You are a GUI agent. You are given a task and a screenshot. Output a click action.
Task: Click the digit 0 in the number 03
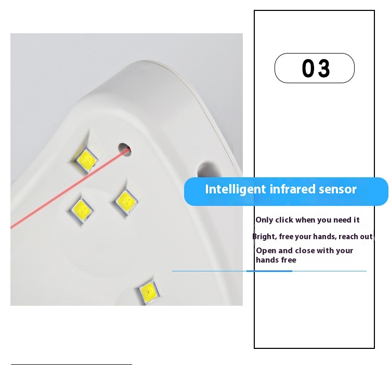[x=308, y=68]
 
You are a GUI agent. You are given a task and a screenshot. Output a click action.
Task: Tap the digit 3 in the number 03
[x=324, y=68]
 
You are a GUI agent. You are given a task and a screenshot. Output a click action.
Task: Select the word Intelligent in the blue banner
[x=235, y=189]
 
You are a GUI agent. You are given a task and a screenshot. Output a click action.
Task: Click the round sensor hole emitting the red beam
[x=125, y=150]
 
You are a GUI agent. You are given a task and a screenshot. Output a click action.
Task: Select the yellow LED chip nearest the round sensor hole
[x=86, y=160]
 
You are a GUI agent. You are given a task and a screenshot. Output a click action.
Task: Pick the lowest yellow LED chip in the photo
[x=149, y=292]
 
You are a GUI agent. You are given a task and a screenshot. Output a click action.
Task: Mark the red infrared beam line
[x=70, y=188]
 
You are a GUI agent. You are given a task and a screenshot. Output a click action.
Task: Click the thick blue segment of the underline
[x=269, y=271]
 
